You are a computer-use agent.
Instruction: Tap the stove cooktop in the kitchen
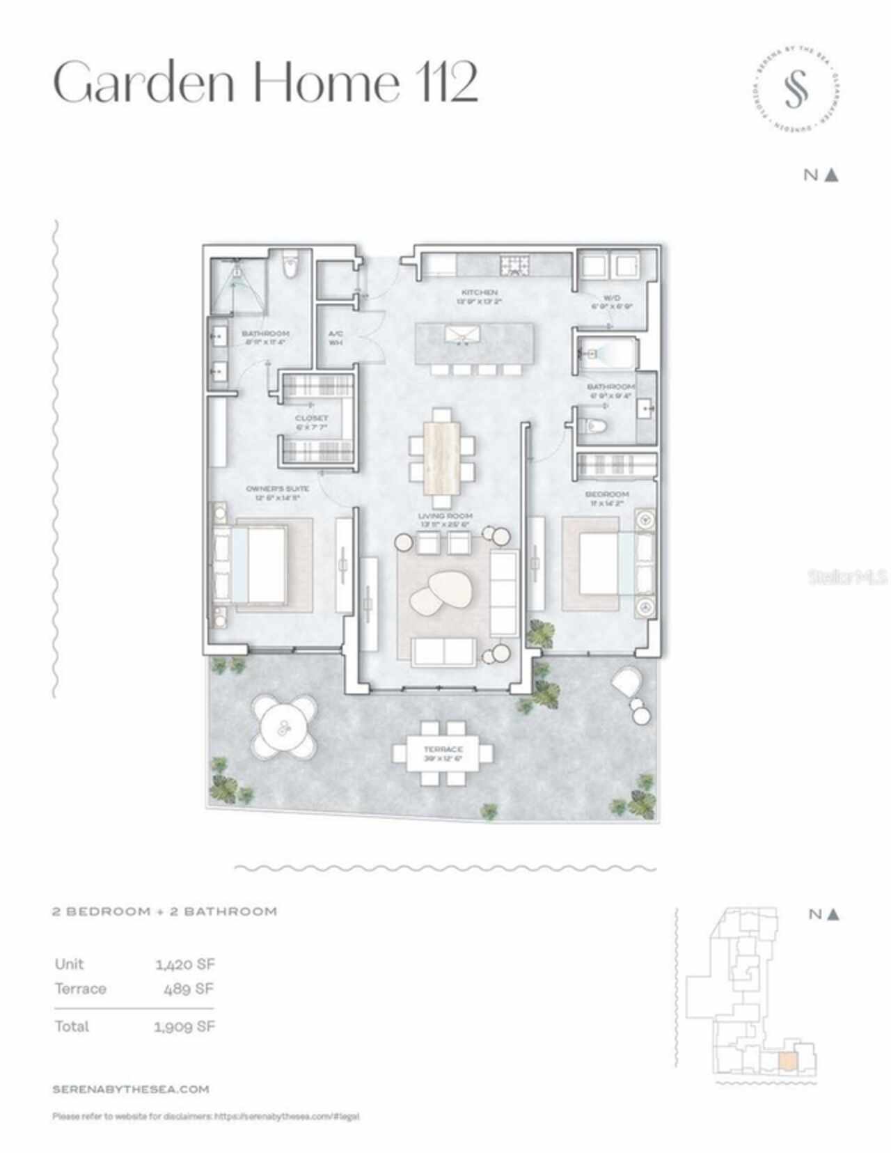(514, 265)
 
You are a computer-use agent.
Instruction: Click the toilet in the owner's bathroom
(291, 265)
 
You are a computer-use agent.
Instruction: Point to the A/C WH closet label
(336, 338)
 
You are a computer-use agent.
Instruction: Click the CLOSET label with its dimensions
(311, 423)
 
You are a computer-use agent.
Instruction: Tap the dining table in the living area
(442, 456)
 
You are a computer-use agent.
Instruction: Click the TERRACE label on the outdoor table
(443, 753)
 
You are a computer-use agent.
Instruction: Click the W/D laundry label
(612, 301)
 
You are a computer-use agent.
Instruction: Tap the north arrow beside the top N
(831, 175)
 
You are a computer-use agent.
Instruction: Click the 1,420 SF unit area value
(184, 964)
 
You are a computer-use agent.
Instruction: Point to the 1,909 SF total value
(184, 1026)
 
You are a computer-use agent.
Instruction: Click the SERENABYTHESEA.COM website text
(131, 1089)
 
